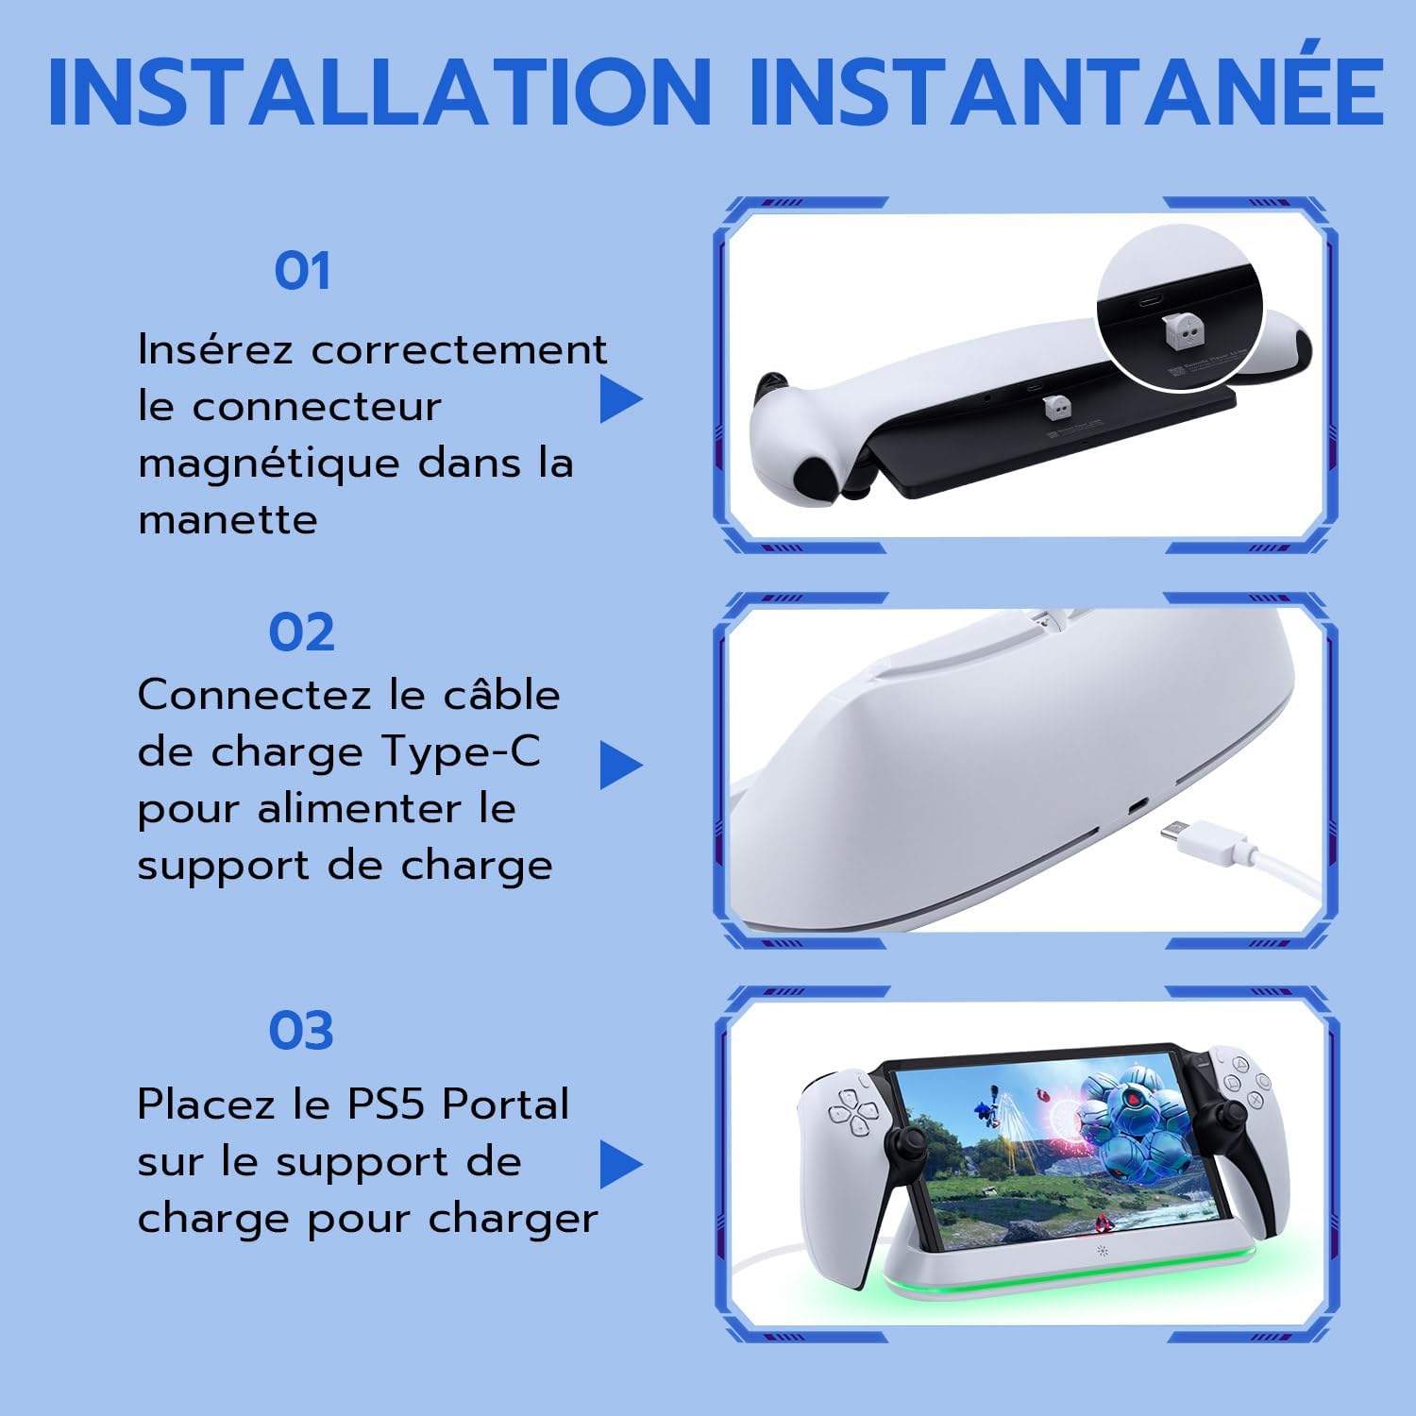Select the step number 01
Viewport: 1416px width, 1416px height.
pos(302,272)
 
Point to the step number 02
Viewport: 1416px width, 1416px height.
pos(302,632)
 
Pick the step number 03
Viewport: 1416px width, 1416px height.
pos(302,1031)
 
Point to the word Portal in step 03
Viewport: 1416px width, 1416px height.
pos(506,1104)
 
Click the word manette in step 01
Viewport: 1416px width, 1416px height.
pos(228,521)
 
